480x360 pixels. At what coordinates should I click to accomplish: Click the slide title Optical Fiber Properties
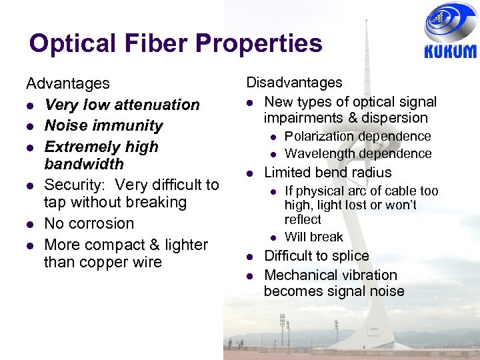(175, 44)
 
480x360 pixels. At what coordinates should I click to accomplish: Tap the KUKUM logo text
(450, 51)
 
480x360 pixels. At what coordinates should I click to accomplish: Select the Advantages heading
(67, 83)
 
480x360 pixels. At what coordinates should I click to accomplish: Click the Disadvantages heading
(294, 83)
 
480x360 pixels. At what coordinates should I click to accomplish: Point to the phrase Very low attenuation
(121, 105)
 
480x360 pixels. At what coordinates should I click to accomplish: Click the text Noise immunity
(103, 125)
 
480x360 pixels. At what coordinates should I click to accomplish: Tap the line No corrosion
(89, 223)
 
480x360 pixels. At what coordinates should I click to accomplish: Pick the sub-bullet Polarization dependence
(357, 136)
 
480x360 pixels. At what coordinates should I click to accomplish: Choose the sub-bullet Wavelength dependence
(358, 153)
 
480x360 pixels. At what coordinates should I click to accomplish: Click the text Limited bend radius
(328, 172)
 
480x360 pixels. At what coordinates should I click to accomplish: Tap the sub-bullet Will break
(313, 237)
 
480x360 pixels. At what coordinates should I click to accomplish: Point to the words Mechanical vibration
(330, 275)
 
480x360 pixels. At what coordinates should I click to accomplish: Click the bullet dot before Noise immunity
(30, 126)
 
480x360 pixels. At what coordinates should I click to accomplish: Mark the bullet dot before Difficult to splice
(249, 257)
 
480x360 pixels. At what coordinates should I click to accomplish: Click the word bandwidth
(83, 163)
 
